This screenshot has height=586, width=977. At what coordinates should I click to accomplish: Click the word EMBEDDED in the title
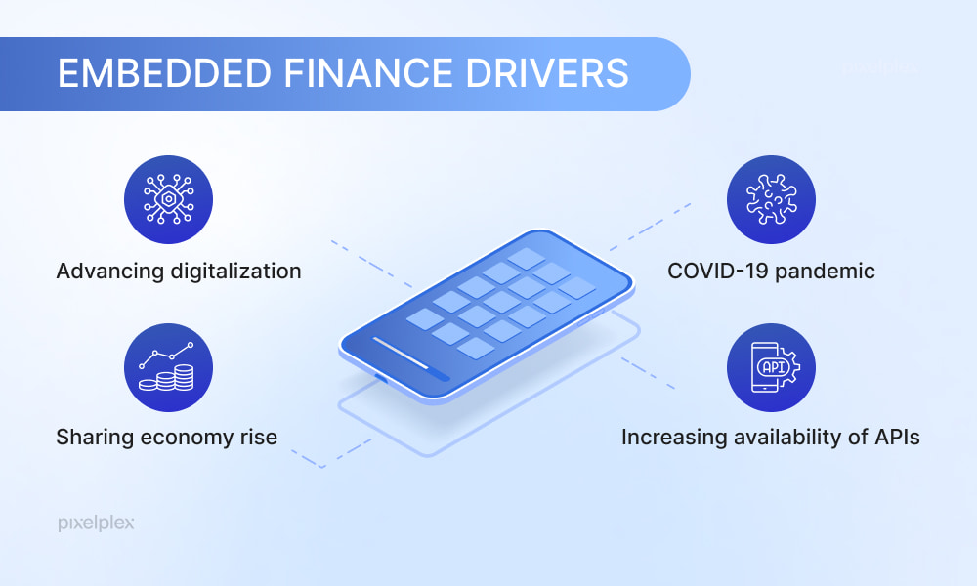tap(164, 73)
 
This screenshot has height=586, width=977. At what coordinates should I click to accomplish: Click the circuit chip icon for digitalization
tap(168, 199)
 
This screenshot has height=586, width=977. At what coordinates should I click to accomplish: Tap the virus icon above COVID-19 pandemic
tap(772, 199)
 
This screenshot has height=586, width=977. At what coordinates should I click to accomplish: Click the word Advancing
tap(109, 272)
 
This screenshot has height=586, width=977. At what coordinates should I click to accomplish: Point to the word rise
tap(259, 438)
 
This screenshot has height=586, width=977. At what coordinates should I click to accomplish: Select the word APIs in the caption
tap(897, 438)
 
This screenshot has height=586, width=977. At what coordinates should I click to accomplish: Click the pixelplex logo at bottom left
tap(96, 523)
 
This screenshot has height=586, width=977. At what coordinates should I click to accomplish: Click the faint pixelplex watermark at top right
tap(880, 67)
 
